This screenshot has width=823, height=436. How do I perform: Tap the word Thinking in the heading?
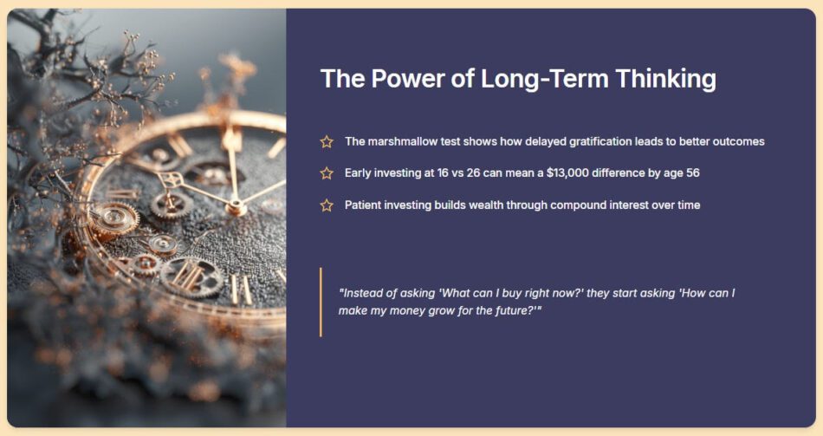tap(665, 79)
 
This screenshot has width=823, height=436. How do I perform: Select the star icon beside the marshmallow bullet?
tap(327, 141)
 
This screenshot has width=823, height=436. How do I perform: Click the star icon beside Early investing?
tap(327, 172)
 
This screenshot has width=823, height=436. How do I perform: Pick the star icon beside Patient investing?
tap(327, 205)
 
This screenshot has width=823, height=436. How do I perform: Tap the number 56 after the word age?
tap(692, 172)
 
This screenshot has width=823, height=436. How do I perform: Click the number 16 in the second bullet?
tap(443, 172)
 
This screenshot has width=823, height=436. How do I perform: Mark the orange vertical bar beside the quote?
tap(321, 302)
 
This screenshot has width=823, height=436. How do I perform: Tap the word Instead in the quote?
tap(361, 293)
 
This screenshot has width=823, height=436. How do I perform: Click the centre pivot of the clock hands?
tap(236, 206)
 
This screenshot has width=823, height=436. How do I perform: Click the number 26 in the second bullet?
tap(473, 172)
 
